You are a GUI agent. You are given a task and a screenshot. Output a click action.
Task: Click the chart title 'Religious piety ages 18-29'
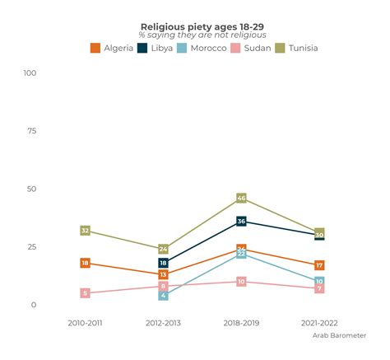[x=195, y=26]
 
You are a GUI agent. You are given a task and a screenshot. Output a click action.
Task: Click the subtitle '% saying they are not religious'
[x=195, y=35]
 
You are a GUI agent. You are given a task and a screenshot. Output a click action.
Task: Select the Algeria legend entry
[x=110, y=48]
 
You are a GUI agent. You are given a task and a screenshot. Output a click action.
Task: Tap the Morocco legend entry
[x=201, y=48]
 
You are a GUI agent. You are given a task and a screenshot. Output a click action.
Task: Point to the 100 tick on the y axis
[x=30, y=73]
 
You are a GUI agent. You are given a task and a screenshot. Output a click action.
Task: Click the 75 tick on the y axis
[x=32, y=131]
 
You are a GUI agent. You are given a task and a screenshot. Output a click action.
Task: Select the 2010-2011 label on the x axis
[x=85, y=323]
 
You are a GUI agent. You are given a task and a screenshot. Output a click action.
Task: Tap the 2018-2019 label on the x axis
[x=241, y=323]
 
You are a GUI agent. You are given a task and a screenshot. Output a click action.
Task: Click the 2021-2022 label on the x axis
[x=319, y=323]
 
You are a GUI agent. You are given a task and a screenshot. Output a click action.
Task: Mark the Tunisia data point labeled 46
[x=241, y=198]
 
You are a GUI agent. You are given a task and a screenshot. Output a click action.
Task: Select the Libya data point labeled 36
[x=241, y=221]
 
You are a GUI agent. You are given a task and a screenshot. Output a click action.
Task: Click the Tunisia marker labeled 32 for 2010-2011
[x=85, y=231]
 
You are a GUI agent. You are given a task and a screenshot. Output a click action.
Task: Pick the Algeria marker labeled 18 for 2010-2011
[x=85, y=263]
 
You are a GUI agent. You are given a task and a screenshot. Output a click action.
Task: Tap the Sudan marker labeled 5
[x=85, y=293]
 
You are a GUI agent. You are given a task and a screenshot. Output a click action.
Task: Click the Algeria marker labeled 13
[x=163, y=274]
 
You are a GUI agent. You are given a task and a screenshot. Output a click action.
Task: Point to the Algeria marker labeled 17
[x=319, y=265]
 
